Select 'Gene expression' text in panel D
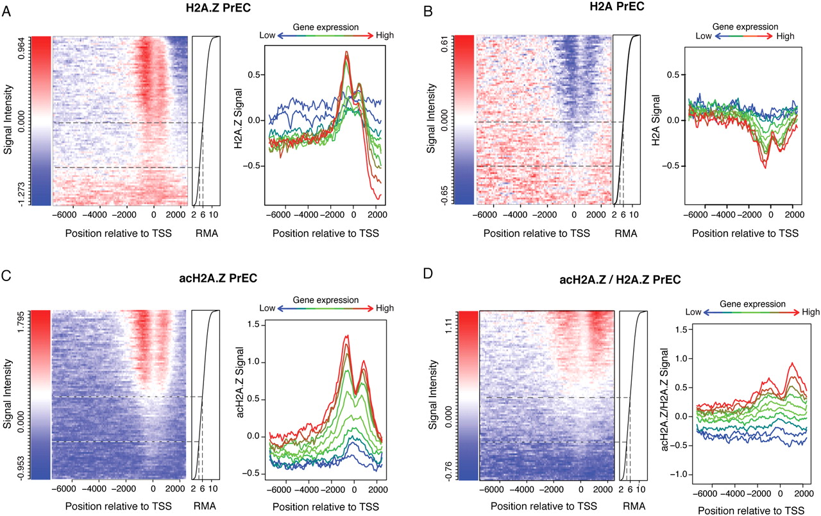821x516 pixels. pos(752,304)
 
